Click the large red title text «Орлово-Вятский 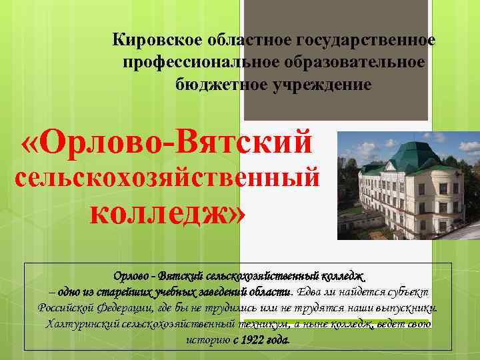click(x=167, y=142)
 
